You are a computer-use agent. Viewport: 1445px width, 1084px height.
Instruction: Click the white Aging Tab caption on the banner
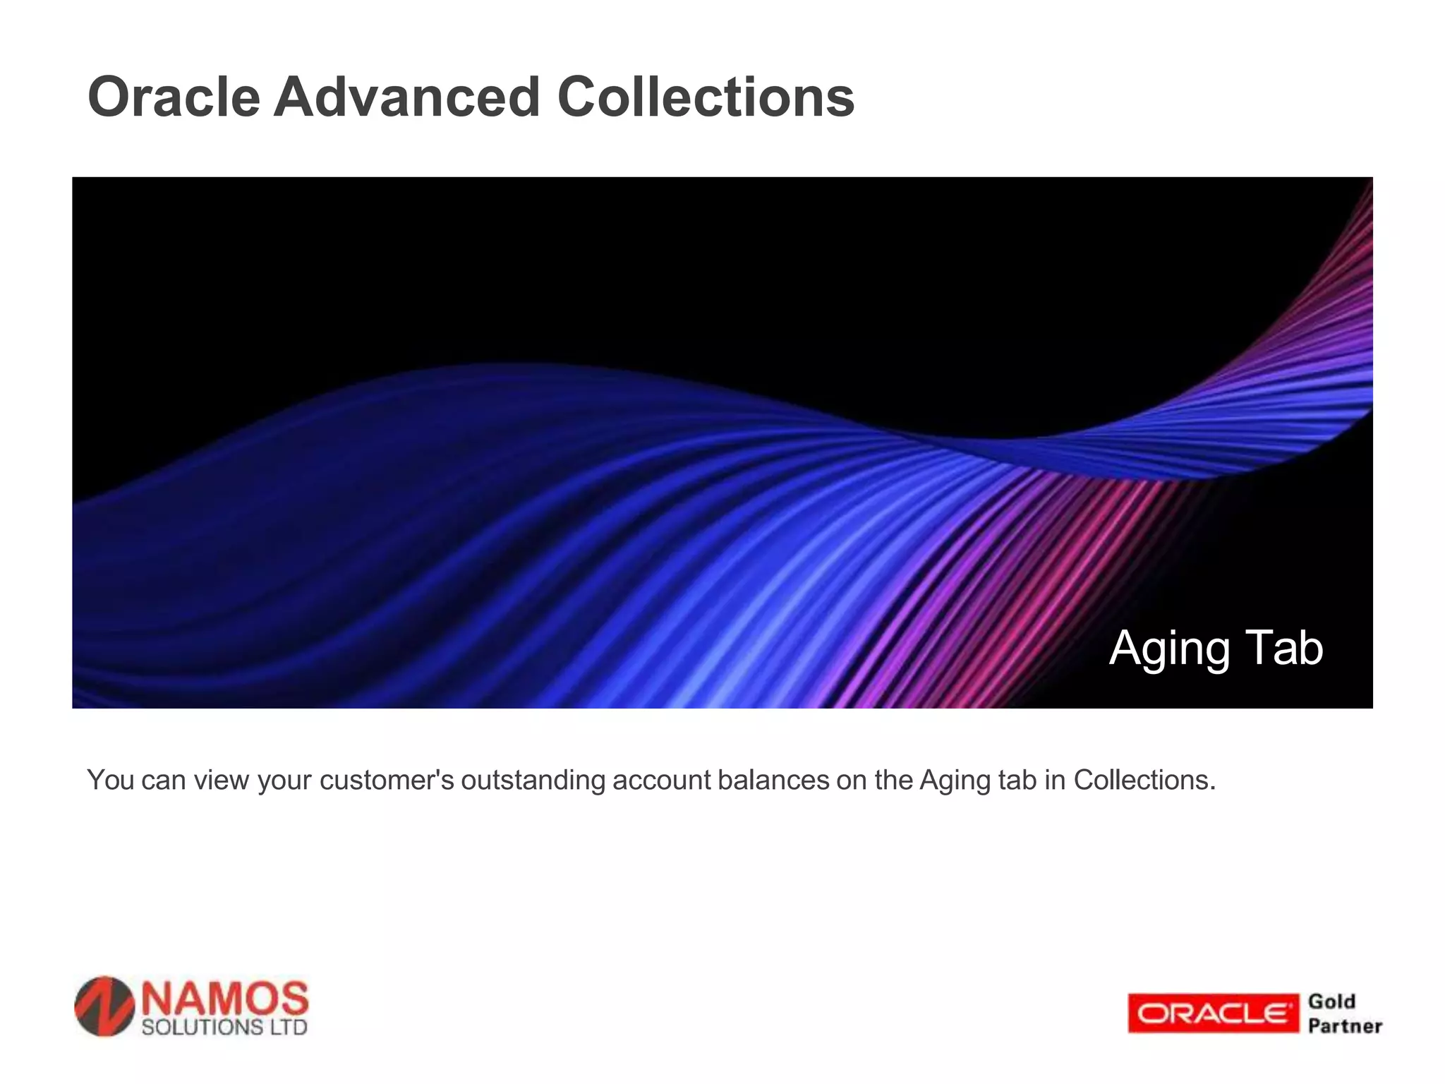[1216, 648]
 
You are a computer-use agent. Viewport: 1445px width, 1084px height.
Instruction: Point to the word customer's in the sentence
[387, 781]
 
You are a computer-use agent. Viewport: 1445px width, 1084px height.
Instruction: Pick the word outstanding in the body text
[533, 781]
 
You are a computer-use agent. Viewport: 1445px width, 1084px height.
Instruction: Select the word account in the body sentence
[661, 781]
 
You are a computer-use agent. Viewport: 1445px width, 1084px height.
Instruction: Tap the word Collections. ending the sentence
[1144, 781]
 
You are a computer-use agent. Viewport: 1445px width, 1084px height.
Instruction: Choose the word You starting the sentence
[110, 781]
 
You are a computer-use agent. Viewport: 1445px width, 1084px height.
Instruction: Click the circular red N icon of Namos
[104, 1006]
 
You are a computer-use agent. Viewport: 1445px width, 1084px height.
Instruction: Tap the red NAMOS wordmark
[225, 998]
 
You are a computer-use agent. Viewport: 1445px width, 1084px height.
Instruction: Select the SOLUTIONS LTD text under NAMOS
[224, 1027]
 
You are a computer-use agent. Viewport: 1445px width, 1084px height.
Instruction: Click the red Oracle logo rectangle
[1213, 1013]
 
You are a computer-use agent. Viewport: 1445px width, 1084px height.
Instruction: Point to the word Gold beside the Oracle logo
[1332, 1001]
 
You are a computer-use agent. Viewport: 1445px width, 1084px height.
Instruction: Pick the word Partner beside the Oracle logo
[1345, 1026]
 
